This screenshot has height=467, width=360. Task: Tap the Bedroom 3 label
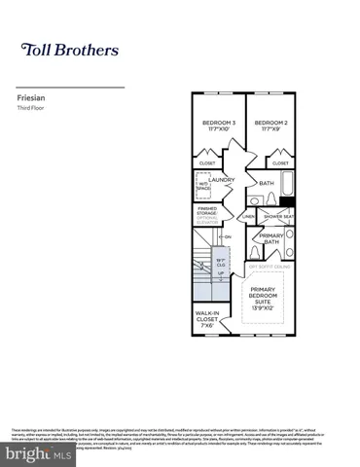click(x=219, y=125)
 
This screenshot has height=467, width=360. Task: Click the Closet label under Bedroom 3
click(x=207, y=162)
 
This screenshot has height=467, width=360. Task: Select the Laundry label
click(x=234, y=179)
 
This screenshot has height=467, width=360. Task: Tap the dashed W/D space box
click(x=205, y=183)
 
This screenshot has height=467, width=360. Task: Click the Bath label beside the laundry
click(x=267, y=182)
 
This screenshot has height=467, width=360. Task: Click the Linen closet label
click(x=250, y=216)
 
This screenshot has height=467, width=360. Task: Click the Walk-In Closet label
click(x=208, y=318)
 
